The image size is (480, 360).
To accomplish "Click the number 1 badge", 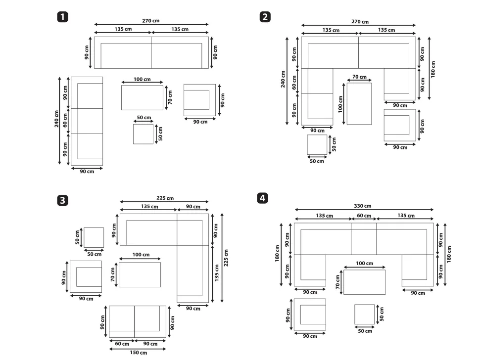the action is pos(63,17).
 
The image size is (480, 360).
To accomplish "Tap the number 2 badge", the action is pos(265,17).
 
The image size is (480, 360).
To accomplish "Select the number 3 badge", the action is pos(63,201).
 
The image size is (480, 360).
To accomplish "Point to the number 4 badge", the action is pos(263,198).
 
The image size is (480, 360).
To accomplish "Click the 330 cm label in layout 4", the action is pos(362,206).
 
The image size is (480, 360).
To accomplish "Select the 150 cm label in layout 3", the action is pos(139,353).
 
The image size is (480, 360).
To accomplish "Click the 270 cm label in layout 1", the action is pos(150,21).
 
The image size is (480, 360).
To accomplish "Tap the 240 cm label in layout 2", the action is pos(283,79).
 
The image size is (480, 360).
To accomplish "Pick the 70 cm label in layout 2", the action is pos(359,77).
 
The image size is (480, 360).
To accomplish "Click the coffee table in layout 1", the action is pos(142,97).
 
